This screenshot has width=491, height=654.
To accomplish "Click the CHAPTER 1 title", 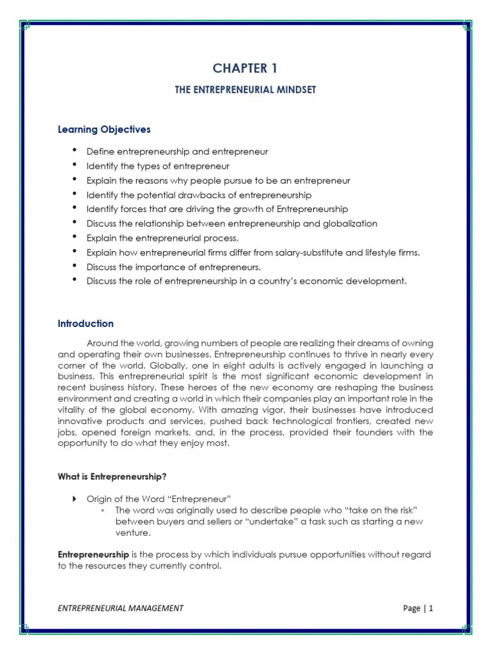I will coord(245,68).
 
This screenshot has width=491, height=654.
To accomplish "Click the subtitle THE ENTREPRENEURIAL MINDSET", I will coord(245,90).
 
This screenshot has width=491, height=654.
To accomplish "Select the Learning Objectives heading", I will coord(104,129).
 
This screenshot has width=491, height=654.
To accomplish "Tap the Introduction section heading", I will coord(86,323).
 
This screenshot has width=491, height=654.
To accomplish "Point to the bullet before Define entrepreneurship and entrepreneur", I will coord(74,151).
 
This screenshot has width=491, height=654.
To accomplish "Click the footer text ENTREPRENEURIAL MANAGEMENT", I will coord(120,608).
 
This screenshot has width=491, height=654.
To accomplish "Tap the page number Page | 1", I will coord(418,608).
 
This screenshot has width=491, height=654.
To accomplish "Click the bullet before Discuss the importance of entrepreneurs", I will coord(74,266).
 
